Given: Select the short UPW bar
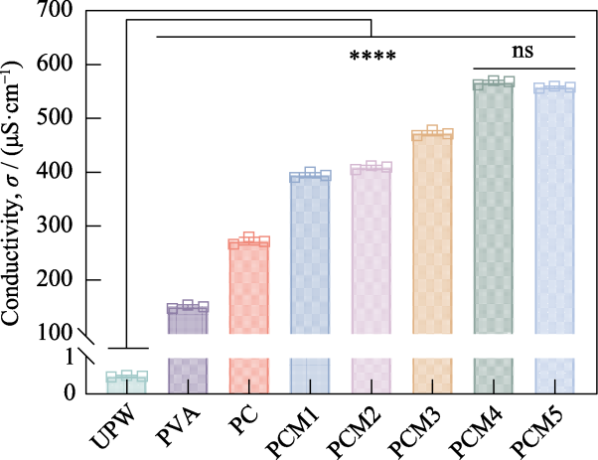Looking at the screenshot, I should [x=127, y=383].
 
